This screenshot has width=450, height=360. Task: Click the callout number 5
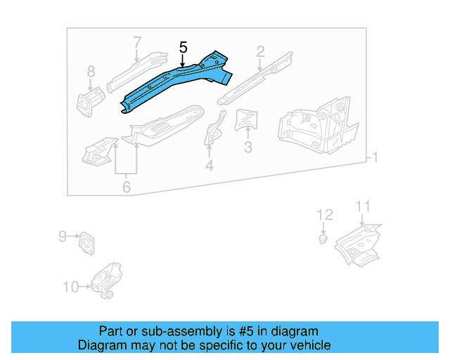click(183, 48)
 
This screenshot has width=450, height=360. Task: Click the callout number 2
click(260, 51)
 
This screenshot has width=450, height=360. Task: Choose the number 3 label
click(247, 147)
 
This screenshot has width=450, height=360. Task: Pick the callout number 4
click(209, 166)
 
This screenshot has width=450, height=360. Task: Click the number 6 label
click(127, 187)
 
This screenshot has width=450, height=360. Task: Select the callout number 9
click(62, 236)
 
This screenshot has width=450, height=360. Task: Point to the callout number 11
click(362, 206)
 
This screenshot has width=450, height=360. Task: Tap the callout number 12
click(324, 214)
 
